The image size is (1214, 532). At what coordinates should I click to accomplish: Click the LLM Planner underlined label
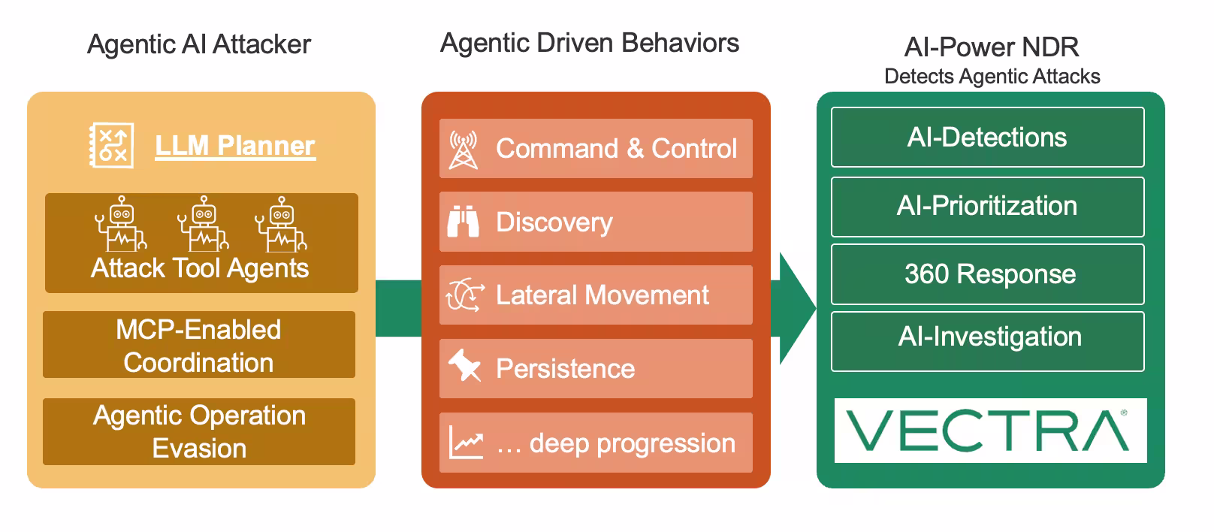coord(235,146)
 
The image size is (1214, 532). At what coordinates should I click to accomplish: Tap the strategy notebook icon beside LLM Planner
coord(112,145)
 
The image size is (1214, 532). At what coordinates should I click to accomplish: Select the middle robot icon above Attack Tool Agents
coord(204,223)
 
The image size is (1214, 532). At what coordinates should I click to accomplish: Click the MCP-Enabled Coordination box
coord(199,344)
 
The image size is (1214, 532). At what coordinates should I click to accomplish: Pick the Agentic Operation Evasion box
coord(199,431)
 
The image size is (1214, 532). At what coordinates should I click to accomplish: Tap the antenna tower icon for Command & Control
coord(464,150)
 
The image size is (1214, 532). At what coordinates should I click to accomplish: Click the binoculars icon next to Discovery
coord(464,221)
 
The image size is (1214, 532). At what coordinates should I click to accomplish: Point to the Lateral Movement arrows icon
coord(465,295)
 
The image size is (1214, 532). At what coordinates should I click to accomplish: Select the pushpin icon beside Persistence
coord(464,365)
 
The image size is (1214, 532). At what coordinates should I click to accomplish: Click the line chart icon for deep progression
coord(466,441)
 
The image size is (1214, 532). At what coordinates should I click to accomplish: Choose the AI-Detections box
coord(987,138)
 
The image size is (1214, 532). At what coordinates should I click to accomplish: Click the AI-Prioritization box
coord(987,207)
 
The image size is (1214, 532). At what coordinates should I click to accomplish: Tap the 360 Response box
coord(987,274)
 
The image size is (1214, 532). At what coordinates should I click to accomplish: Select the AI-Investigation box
coord(987,341)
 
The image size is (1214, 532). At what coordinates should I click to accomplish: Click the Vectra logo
coord(990,431)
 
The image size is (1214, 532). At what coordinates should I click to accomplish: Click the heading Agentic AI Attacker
coord(199,44)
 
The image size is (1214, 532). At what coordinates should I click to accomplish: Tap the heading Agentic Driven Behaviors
coord(590,44)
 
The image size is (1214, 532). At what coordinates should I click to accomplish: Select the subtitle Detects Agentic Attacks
coord(992,77)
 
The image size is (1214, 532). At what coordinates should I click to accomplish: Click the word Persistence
coord(565,369)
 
